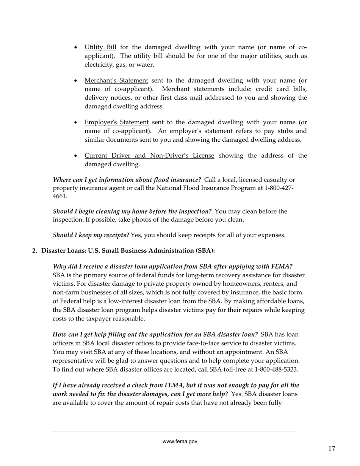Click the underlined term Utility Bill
100,47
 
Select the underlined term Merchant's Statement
116,81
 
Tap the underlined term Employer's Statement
116,122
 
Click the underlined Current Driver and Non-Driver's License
149,156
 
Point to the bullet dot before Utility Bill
76,48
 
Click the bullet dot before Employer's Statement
76,123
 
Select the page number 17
332,449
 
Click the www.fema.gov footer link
180,441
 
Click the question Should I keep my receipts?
91,235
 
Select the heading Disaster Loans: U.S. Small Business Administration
128,251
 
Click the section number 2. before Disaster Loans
35,251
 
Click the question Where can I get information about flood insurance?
127,180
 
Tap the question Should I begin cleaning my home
132,211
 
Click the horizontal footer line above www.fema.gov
175,432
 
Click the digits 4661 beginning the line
60,197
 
